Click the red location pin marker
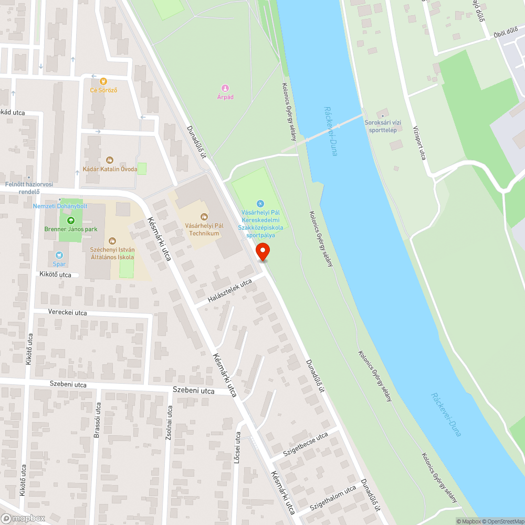point(263,251)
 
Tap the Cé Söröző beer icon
point(103,81)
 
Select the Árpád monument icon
point(225,88)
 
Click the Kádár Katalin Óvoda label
point(110,169)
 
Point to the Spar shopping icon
point(59,256)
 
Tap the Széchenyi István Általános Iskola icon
point(112,241)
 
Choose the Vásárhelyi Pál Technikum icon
point(204,216)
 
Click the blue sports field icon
point(260,204)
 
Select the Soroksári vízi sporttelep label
point(383,126)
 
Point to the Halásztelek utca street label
point(230,291)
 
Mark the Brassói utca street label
point(97,423)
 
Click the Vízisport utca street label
point(418,143)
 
